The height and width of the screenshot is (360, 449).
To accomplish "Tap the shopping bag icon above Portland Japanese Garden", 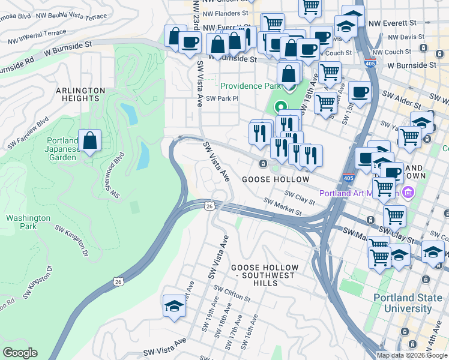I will [x=89, y=142].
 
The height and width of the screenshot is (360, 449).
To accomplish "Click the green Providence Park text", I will [x=252, y=86].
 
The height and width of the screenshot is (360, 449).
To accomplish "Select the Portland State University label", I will [x=411, y=303].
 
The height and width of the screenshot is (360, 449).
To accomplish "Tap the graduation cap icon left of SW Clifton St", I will [x=174, y=306].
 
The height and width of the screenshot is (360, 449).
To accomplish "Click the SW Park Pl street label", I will [x=222, y=98].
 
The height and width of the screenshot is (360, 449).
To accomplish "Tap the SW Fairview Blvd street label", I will [x=28, y=135].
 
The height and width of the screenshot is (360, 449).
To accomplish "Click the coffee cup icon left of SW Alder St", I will [x=360, y=92].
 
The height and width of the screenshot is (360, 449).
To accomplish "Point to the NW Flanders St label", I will [x=226, y=13].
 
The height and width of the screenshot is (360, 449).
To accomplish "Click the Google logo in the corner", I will [x=20, y=353].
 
